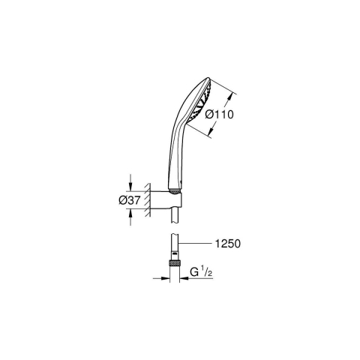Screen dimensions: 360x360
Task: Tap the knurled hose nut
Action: (174, 264)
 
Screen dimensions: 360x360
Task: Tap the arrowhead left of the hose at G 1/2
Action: (167, 278)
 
